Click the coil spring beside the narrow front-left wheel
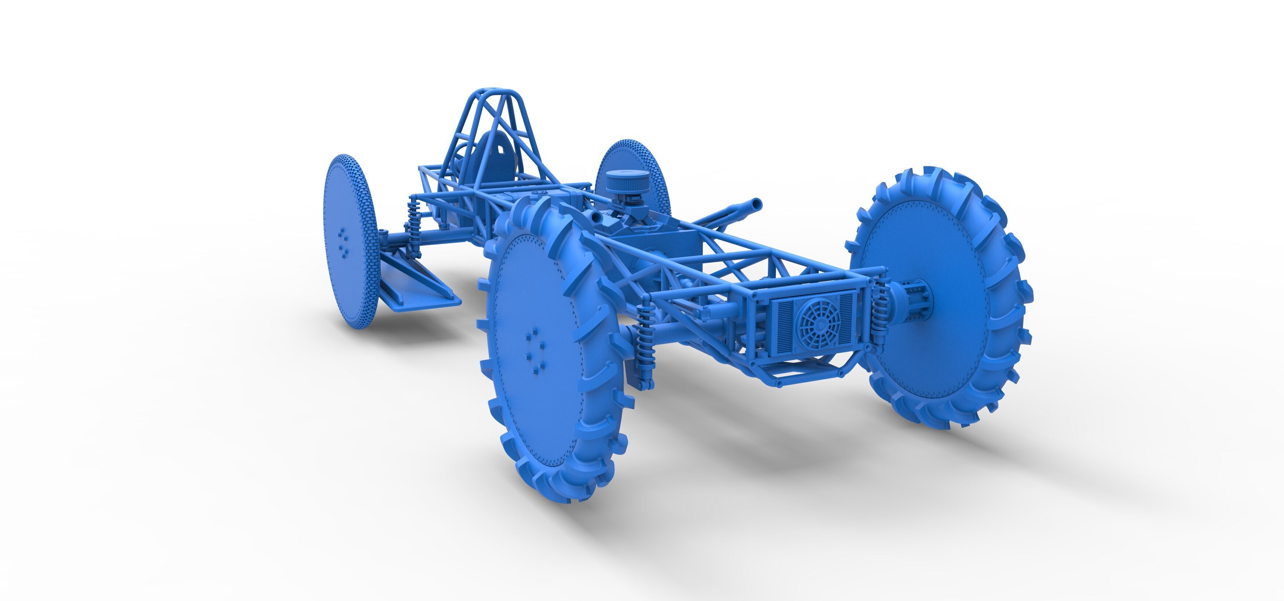pyautogui.click(x=414, y=214)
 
